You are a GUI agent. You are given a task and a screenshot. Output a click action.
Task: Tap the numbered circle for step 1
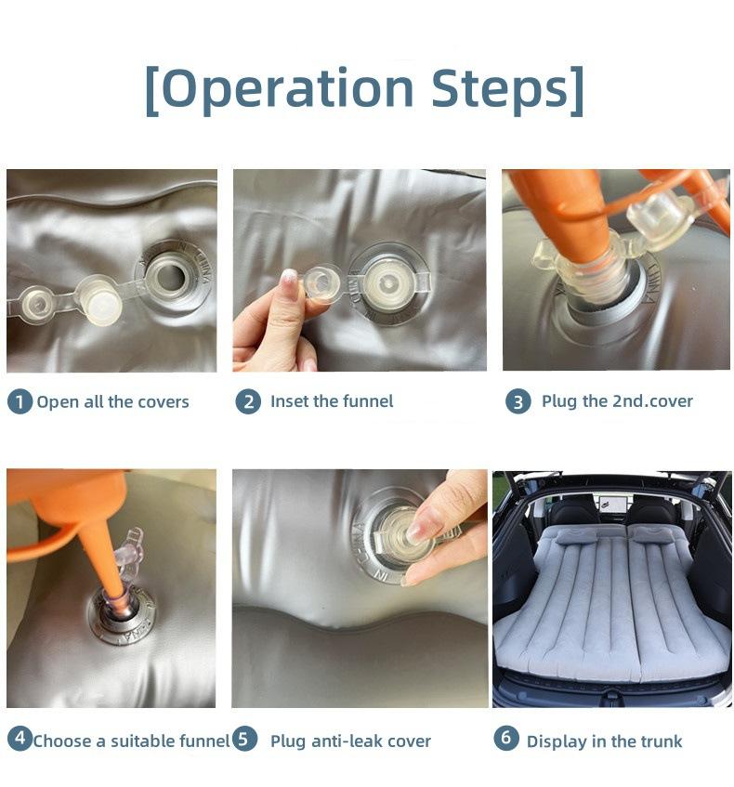point(20,401)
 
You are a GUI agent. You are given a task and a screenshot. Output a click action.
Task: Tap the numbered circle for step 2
point(248,401)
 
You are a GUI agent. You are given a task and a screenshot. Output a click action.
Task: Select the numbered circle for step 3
point(518,401)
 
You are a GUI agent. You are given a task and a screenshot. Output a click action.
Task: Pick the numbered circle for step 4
point(20,739)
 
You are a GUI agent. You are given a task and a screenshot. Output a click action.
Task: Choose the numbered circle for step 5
point(244,739)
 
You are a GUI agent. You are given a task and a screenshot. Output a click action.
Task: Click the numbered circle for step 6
point(506,738)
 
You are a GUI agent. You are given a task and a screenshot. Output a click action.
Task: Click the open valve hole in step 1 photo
point(170,277)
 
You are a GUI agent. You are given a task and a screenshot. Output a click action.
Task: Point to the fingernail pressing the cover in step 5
point(418,532)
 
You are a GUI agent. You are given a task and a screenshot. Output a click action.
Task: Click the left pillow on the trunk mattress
point(576,536)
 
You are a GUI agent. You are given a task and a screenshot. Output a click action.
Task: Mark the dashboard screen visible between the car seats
point(610,502)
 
